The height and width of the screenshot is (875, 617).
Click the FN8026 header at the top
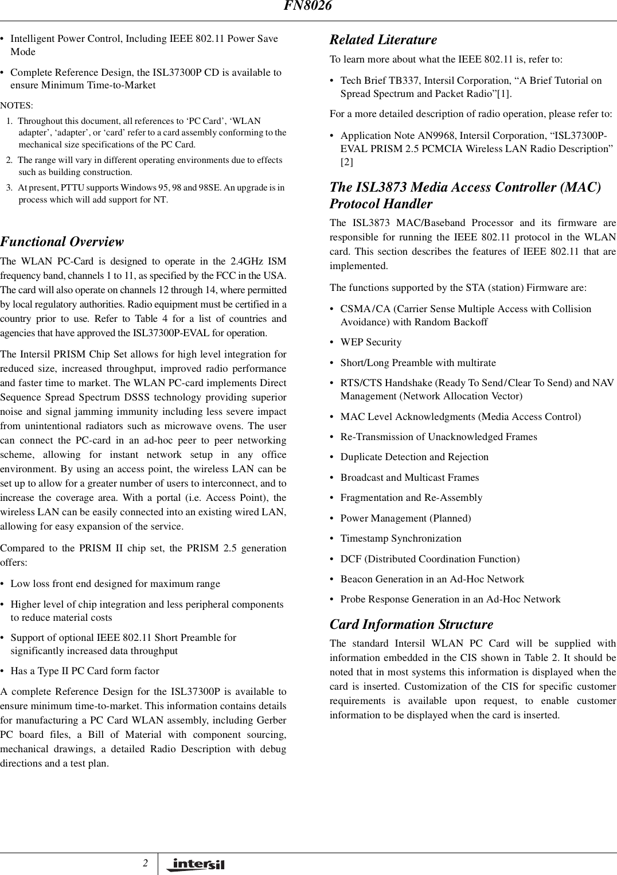pos(308,6)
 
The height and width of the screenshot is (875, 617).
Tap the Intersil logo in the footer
pos(195,865)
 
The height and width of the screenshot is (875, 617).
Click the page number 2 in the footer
pos(146,863)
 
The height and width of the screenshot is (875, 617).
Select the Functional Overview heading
pos(61,242)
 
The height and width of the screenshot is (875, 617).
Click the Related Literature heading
pos(382,40)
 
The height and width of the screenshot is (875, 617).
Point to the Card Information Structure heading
pos(411,624)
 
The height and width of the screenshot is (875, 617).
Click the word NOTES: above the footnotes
pos(17,106)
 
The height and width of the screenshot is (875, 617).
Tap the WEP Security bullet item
pos(370,343)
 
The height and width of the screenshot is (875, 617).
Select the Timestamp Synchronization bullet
pos(400,539)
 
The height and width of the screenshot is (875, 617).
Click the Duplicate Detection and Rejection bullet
pos(414,457)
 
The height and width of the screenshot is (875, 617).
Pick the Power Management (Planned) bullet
pos(405,519)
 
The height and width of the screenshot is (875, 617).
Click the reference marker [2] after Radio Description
pos(347,162)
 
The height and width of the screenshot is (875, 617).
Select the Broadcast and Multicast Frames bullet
pos(409,478)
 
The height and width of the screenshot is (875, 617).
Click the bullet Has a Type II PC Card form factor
pos(85,671)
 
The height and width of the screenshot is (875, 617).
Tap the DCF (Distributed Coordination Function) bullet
pos(429,559)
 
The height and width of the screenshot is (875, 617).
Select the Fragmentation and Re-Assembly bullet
pos(411,498)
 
